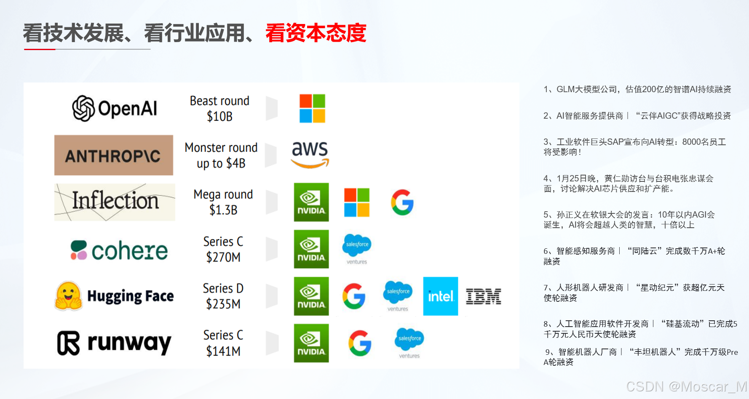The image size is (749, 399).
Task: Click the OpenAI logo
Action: pos(115,108)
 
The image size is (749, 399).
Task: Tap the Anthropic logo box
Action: pos(114,155)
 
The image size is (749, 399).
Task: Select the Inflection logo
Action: pos(115,202)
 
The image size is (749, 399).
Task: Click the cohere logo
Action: pos(119,250)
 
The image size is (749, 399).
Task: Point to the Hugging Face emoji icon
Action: pos(68,296)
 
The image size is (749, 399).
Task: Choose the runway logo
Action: pos(114,343)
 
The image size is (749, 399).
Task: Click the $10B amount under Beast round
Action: pos(219,116)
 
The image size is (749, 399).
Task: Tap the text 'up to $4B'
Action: pos(221,163)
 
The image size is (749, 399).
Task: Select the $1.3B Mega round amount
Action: pos(223,210)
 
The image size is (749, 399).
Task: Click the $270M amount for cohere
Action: pos(223,257)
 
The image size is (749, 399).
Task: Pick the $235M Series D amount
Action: pos(223,304)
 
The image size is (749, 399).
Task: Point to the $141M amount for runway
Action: pos(223,351)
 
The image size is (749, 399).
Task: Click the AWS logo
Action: pos(310,154)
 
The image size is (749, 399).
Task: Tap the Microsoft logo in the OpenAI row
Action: pos(312,108)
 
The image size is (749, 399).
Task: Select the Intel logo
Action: pos(440,296)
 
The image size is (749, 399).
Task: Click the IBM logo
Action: pos(484,296)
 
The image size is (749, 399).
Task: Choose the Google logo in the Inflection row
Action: pos(402,202)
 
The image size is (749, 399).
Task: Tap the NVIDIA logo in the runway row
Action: pos(311,343)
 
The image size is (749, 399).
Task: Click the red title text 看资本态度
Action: pos(316,33)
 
